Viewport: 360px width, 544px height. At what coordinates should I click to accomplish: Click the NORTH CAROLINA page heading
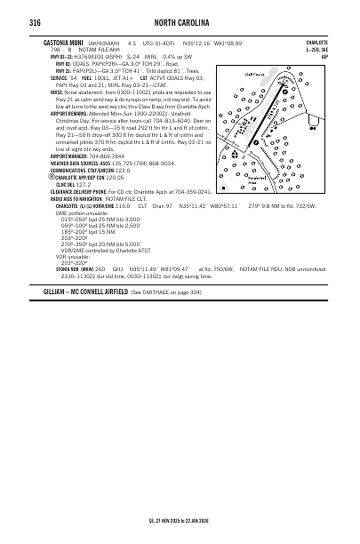180,21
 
